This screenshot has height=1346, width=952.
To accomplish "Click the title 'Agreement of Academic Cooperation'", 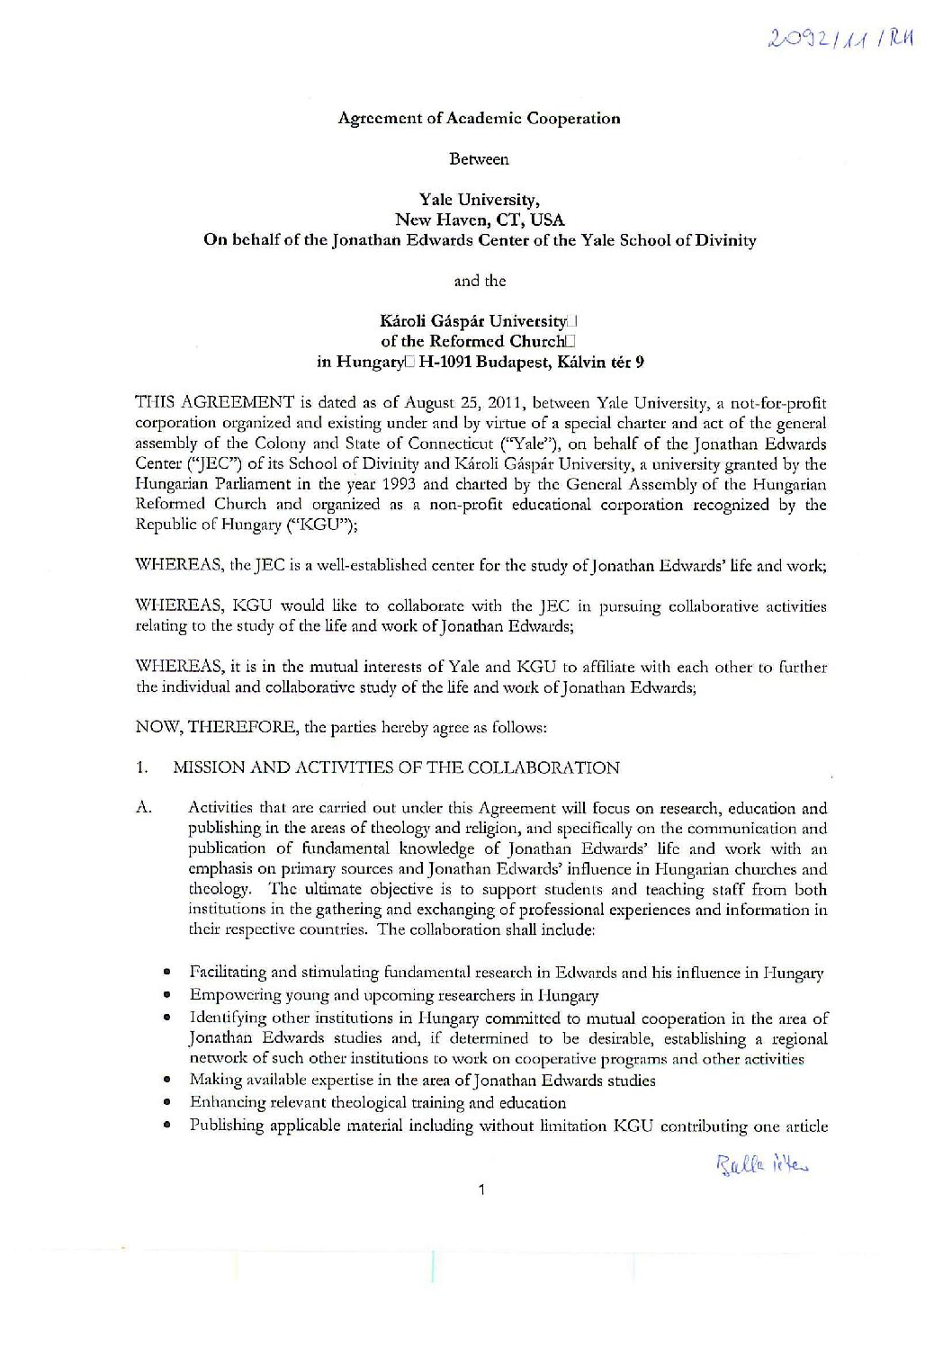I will click(x=479, y=118).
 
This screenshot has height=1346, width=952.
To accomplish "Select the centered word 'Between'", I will click(x=479, y=159).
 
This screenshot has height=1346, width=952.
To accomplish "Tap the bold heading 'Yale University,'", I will click(x=480, y=200).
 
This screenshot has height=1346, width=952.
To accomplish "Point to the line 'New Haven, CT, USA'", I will click(x=480, y=220).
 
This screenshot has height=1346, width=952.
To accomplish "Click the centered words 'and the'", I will click(x=480, y=281).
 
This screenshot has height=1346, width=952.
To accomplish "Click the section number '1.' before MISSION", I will click(x=141, y=767).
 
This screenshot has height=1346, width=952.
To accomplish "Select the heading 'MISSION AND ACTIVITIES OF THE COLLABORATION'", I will click(x=396, y=767).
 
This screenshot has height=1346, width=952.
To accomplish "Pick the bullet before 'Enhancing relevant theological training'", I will click(x=167, y=1103).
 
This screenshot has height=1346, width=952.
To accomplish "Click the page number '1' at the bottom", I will click(x=483, y=1190).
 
